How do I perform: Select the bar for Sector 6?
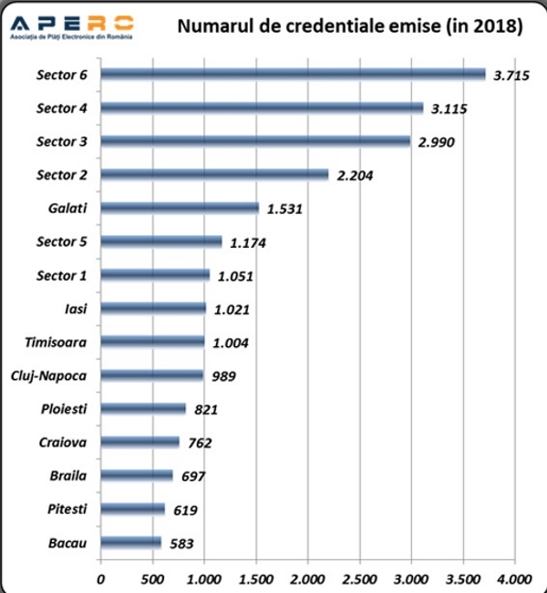tap(293, 74)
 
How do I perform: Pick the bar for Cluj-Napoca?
tap(151, 375)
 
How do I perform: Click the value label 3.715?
tap(511, 76)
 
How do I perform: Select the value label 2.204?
tap(356, 176)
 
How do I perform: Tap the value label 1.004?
tap(231, 343)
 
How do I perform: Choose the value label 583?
tap(179, 545)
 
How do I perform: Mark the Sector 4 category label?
tap(62, 107)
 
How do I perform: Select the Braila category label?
tap(68, 475)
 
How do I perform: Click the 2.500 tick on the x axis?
tap(359, 578)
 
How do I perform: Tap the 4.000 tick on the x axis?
tap(514, 578)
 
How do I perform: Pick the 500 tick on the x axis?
tap(152, 578)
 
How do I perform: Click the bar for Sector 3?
tap(255, 141)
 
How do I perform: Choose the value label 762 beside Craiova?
tap(199, 444)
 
